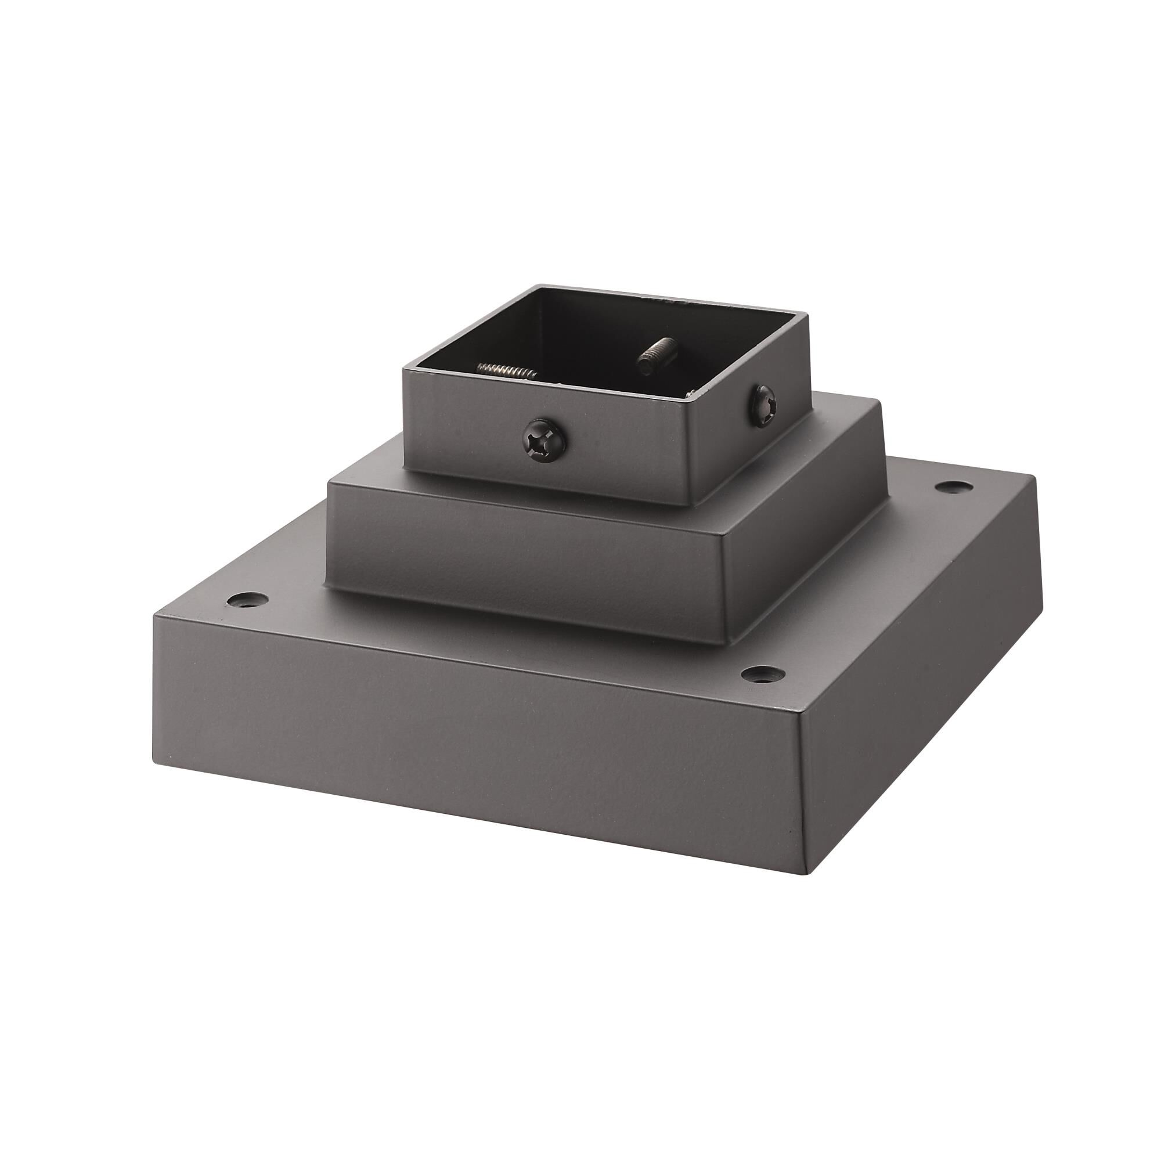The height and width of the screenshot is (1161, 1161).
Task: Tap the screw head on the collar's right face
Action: pos(763,405)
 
